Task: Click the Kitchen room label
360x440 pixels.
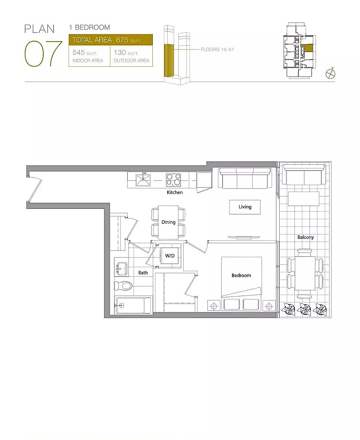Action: click(x=174, y=192)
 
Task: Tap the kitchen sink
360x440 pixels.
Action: click(x=143, y=180)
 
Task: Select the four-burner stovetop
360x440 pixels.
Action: click(x=174, y=180)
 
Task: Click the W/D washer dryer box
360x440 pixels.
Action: click(x=170, y=256)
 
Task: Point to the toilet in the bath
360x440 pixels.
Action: click(x=123, y=286)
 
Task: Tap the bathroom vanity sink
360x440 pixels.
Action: click(x=121, y=268)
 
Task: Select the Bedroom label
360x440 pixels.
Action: click(x=241, y=275)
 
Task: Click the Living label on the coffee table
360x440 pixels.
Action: click(x=245, y=207)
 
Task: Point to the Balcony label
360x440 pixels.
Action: click(x=306, y=237)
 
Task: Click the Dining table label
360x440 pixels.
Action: click(x=168, y=222)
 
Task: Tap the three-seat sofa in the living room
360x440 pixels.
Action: click(x=245, y=178)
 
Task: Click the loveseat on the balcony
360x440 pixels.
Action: click(x=304, y=174)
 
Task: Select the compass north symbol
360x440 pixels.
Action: click(x=330, y=74)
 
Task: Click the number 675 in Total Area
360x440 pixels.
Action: click(x=122, y=40)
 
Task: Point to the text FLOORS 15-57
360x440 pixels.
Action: click(x=218, y=49)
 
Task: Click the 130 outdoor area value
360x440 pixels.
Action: click(x=120, y=52)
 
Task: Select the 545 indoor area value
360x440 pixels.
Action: click(x=78, y=52)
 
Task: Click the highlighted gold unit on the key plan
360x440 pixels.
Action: click(x=308, y=48)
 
